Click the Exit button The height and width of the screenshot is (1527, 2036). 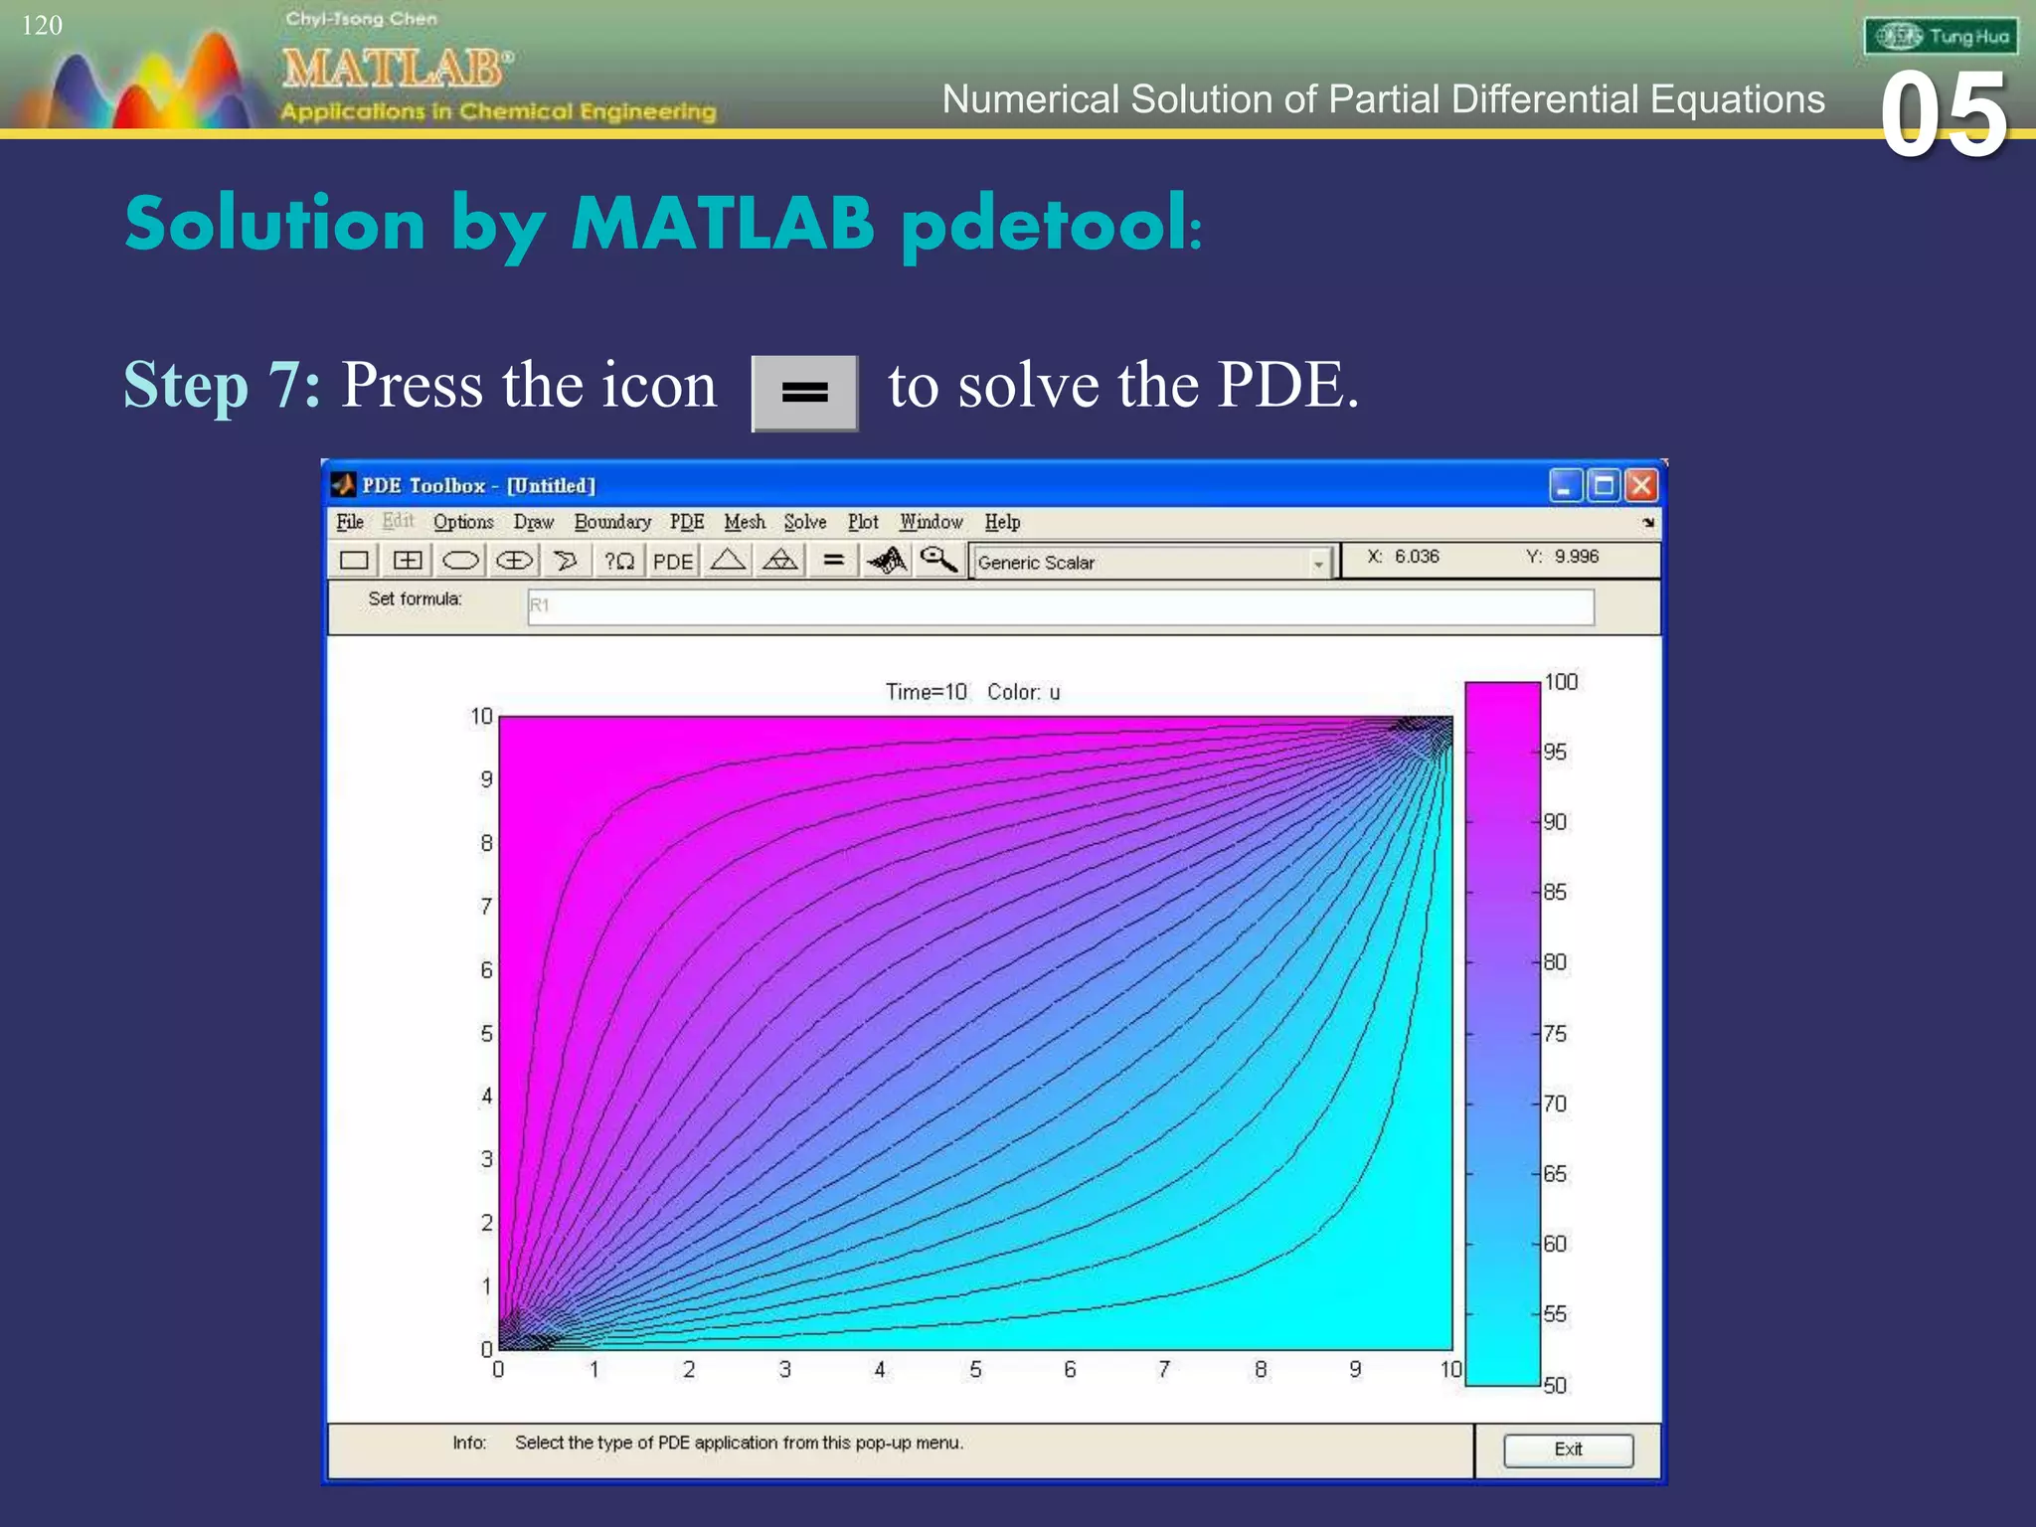pyautogui.click(x=1568, y=1449)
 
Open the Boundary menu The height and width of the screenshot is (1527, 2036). pyautogui.click(x=612, y=522)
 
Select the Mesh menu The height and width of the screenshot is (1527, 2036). pyautogui.click(x=745, y=522)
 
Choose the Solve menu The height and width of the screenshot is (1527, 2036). pyautogui.click(x=804, y=522)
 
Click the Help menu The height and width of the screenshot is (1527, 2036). pyautogui.click(x=1002, y=522)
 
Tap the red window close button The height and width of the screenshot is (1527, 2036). pyautogui.click(x=1641, y=485)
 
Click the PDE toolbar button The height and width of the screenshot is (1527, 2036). pyautogui.click(x=673, y=562)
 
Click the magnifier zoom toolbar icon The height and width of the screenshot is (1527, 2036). pyautogui.click(x=937, y=561)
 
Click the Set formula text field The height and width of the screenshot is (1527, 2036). pyautogui.click(x=1060, y=606)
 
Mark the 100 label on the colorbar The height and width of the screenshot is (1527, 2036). pyautogui.click(x=1561, y=682)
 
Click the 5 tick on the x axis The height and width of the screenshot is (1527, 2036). pyautogui.click(x=975, y=1370)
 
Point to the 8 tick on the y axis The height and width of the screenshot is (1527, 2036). pyautogui.click(x=486, y=843)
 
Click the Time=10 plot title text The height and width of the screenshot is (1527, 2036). pyautogui.click(x=927, y=692)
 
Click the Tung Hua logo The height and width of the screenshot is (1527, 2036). pyautogui.click(x=1941, y=37)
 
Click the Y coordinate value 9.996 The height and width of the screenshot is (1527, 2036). pyautogui.click(x=1576, y=557)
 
